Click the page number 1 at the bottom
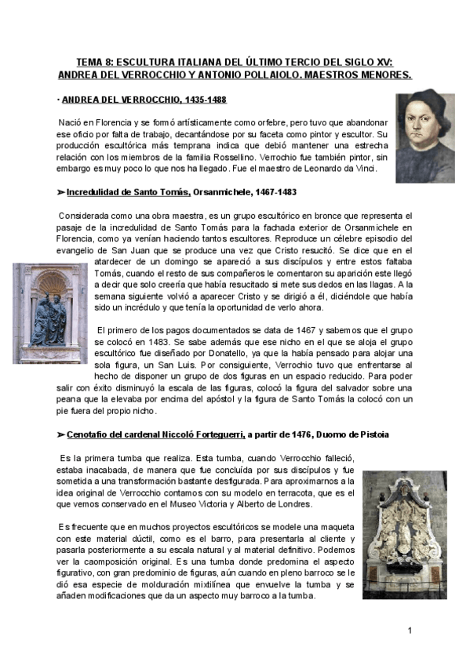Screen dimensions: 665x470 pos(410,630)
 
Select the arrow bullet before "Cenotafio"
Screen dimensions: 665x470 pos(60,434)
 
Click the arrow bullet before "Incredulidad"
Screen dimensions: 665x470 pos(60,191)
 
